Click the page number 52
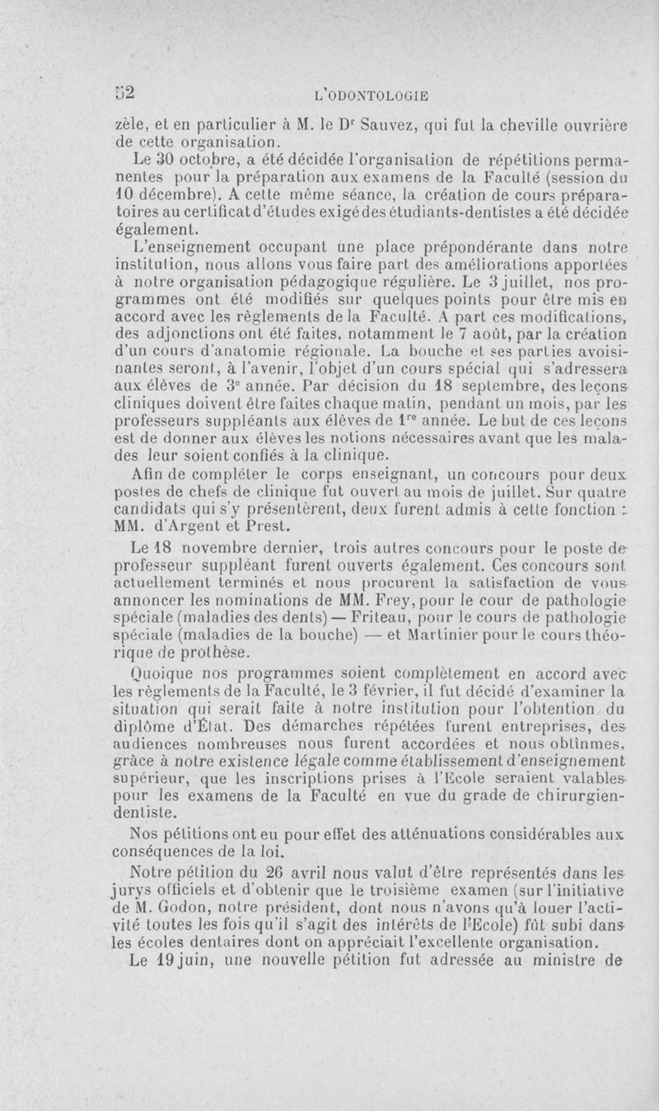tap(124, 90)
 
